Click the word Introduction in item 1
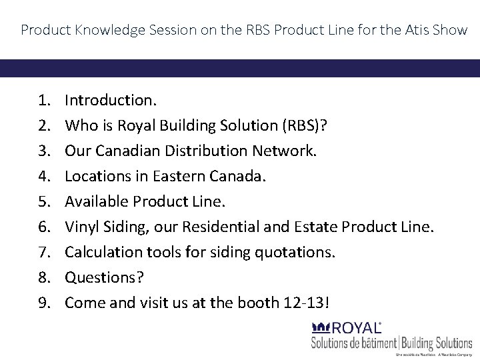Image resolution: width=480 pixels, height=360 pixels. [110, 100]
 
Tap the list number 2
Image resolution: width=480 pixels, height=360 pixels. [44, 125]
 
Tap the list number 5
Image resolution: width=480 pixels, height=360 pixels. [44, 201]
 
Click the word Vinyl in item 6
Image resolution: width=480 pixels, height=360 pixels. [81, 227]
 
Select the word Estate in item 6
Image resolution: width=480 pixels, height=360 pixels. [316, 227]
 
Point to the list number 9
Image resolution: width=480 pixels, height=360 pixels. [44, 303]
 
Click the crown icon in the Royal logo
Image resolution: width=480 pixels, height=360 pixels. [320, 327]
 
